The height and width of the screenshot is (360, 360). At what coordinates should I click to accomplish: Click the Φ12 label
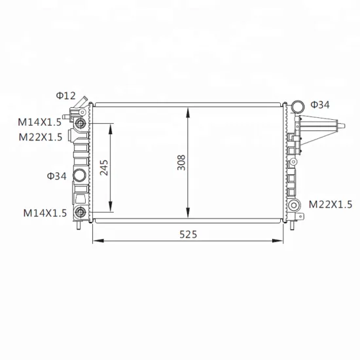66,96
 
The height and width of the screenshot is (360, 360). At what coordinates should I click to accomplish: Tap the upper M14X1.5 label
40,122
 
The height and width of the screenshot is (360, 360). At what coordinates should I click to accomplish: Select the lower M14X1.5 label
45,213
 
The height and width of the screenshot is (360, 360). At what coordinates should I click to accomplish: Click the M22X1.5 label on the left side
41,137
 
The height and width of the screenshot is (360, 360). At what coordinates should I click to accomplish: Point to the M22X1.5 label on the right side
331,204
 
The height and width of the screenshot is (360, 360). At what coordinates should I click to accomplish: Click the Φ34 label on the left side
57,176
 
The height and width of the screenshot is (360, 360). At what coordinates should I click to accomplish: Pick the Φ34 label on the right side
320,105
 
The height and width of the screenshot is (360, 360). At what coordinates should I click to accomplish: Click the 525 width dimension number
189,234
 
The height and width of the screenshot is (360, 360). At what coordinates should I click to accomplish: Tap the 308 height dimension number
181,162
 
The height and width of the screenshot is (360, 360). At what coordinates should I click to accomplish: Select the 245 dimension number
104,168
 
